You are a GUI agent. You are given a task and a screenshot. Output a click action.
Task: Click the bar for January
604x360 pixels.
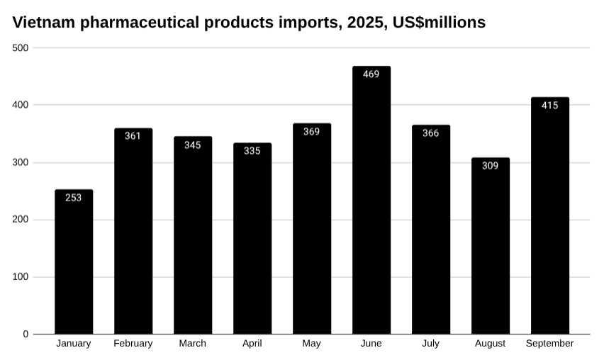(74, 262)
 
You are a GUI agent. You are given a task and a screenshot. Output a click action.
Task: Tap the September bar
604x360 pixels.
(549, 216)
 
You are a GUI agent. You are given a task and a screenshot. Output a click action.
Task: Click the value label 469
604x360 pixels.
(371, 74)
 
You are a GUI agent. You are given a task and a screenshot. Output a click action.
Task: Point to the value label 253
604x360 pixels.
(74, 198)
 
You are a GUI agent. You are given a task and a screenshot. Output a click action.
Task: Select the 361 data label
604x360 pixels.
(133, 136)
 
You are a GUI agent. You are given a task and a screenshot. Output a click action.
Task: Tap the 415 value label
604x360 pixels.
(549, 106)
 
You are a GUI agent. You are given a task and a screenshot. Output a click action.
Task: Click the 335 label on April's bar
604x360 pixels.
(252, 150)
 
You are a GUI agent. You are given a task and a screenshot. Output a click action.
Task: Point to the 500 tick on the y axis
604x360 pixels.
(21, 47)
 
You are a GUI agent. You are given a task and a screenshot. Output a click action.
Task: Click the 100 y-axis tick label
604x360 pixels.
(21, 277)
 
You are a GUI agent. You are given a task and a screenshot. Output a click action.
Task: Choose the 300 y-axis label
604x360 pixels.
(21, 162)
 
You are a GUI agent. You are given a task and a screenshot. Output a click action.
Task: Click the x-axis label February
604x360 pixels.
(133, 344)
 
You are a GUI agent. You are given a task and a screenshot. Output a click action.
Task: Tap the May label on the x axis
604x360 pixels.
(311, 344)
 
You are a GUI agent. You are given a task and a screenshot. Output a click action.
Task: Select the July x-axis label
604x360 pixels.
(430, 344)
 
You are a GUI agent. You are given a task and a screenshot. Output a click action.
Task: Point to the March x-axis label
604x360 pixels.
(193, 344)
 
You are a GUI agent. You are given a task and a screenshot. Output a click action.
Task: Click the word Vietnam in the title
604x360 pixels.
(44, 23)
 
